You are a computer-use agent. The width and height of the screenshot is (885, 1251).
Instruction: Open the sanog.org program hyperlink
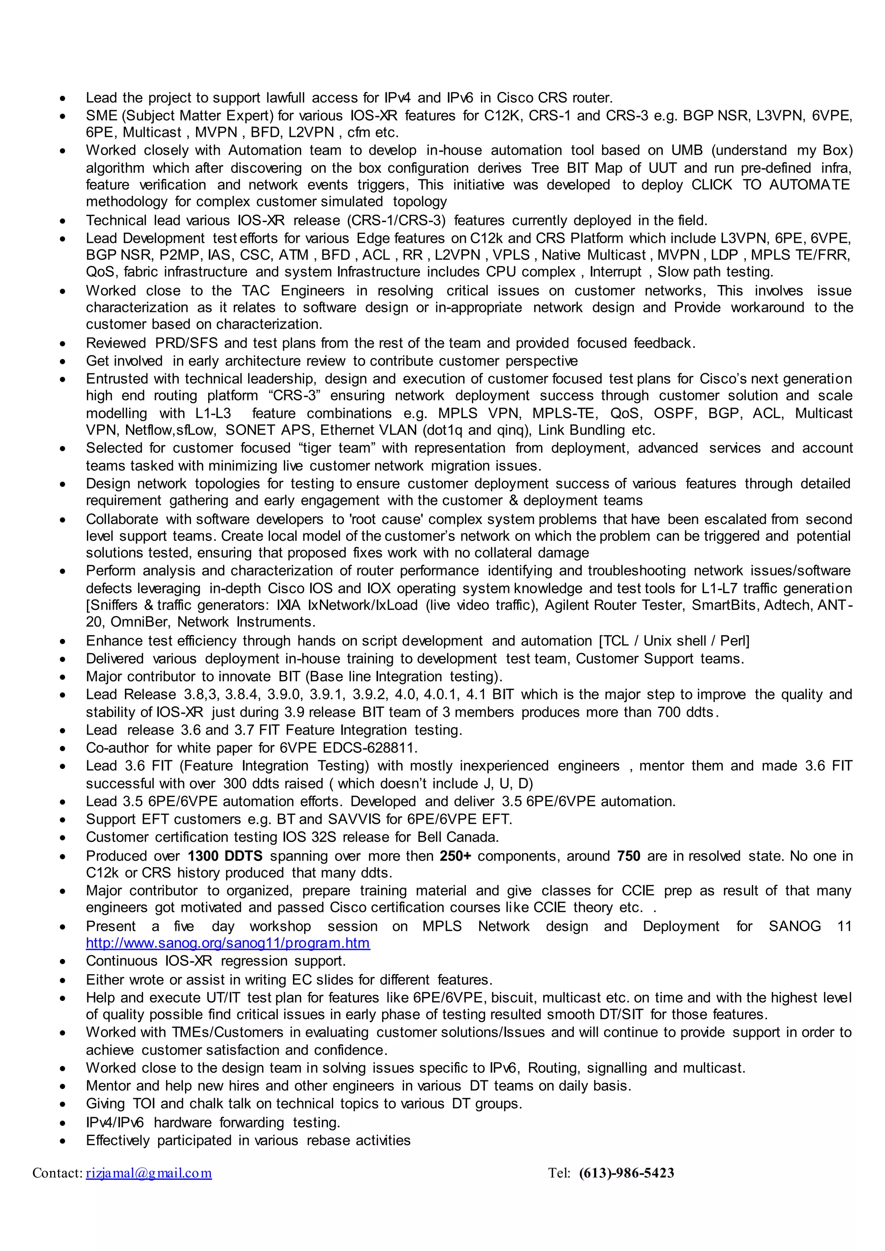tap(228, 943)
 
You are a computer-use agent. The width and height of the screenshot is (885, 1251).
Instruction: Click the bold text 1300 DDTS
tap(225, 856)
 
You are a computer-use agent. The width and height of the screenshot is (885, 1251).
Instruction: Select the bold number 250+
tap(455, 856)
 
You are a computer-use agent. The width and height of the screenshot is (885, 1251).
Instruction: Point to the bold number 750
tap(628, 856)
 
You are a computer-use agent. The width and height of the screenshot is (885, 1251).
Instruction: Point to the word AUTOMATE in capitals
tap(809, 185)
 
